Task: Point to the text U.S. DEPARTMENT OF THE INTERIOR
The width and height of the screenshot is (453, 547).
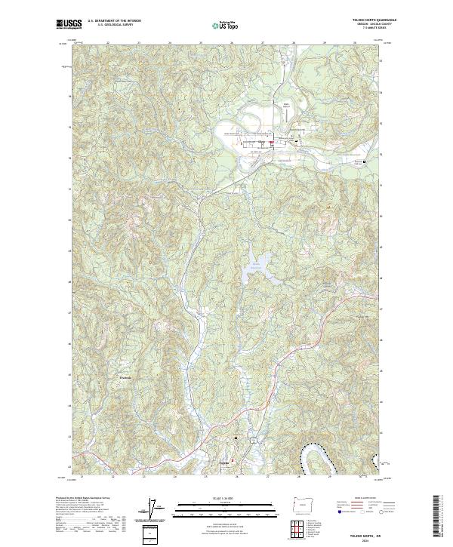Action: pyautogui.click(x=114, y=21)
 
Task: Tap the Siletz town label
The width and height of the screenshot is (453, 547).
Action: pyautogui.click(x=262, y=140)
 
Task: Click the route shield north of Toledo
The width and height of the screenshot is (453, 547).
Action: pyautogui.click(x=254, y=438)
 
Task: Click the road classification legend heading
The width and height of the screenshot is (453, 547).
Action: pyautogui.click(x=358, y=498)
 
